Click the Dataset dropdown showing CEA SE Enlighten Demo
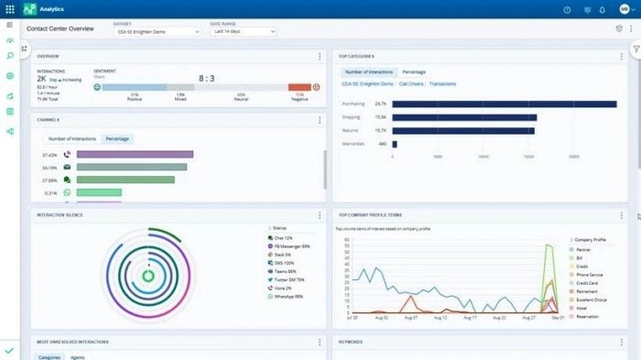[x=157, y=31]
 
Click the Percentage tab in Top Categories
[x=414, y=71]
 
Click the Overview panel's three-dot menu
[x=320, y=57]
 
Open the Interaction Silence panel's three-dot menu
[x=320, y=214]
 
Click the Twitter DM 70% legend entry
[x=289, y=278]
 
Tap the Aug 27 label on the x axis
[x=530, y=317]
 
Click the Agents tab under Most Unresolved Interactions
[x=78, y=356]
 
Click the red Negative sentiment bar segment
[x=299, y=88]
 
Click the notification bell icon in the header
[x=602, y=10]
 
